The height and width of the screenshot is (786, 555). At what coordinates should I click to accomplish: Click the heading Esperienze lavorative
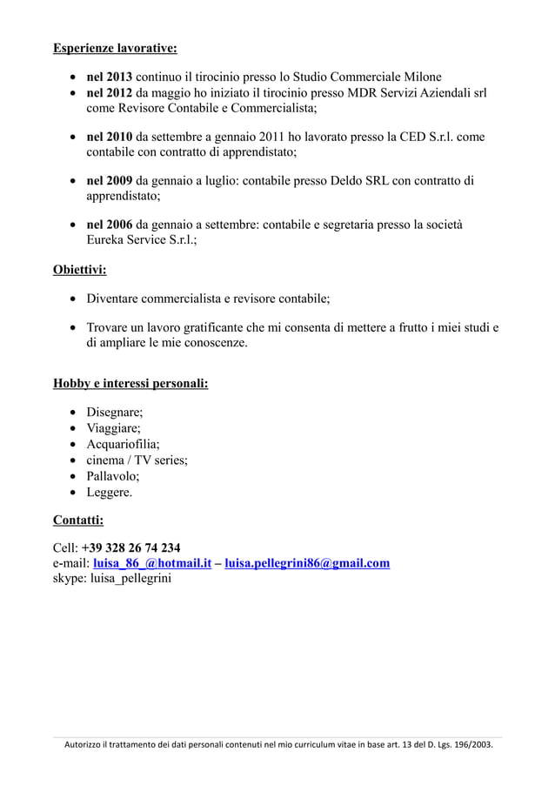click(x=115, y=46)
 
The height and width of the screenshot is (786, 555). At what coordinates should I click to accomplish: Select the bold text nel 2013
click(x=108, y=77)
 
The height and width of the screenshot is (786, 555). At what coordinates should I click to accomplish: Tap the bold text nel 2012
click(x=108, y=93)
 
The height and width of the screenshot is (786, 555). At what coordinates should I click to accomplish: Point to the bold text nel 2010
click(x=108, y=137)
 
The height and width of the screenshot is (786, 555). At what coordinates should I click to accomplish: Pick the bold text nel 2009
click(x=108, y=181)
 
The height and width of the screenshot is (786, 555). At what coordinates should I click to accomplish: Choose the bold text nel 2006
click(x=108, y=225)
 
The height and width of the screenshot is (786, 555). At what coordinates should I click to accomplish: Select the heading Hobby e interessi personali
click(x=130, y=382)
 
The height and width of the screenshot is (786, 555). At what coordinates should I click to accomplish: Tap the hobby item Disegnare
click(x=114, y=413)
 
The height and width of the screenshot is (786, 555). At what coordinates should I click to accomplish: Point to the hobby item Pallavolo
click(x=112, y=476)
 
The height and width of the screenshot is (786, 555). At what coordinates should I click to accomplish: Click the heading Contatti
click(x=78, y=521)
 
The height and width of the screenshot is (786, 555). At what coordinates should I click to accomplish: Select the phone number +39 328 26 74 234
click(x=131, y=548)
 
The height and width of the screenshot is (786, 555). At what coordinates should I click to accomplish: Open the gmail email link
click(x=307, y=563)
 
